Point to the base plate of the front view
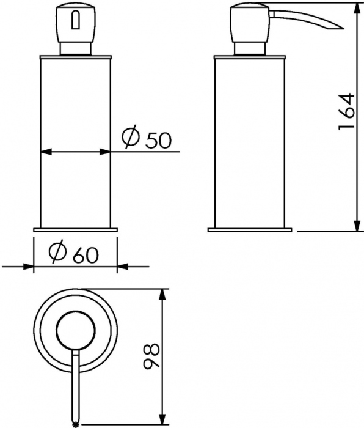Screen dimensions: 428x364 (x=75, y=230)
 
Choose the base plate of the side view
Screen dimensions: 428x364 (x=250, y=230)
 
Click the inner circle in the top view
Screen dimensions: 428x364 (x=75, y=331)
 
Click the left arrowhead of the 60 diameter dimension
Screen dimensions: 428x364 (x=28, y=266)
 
